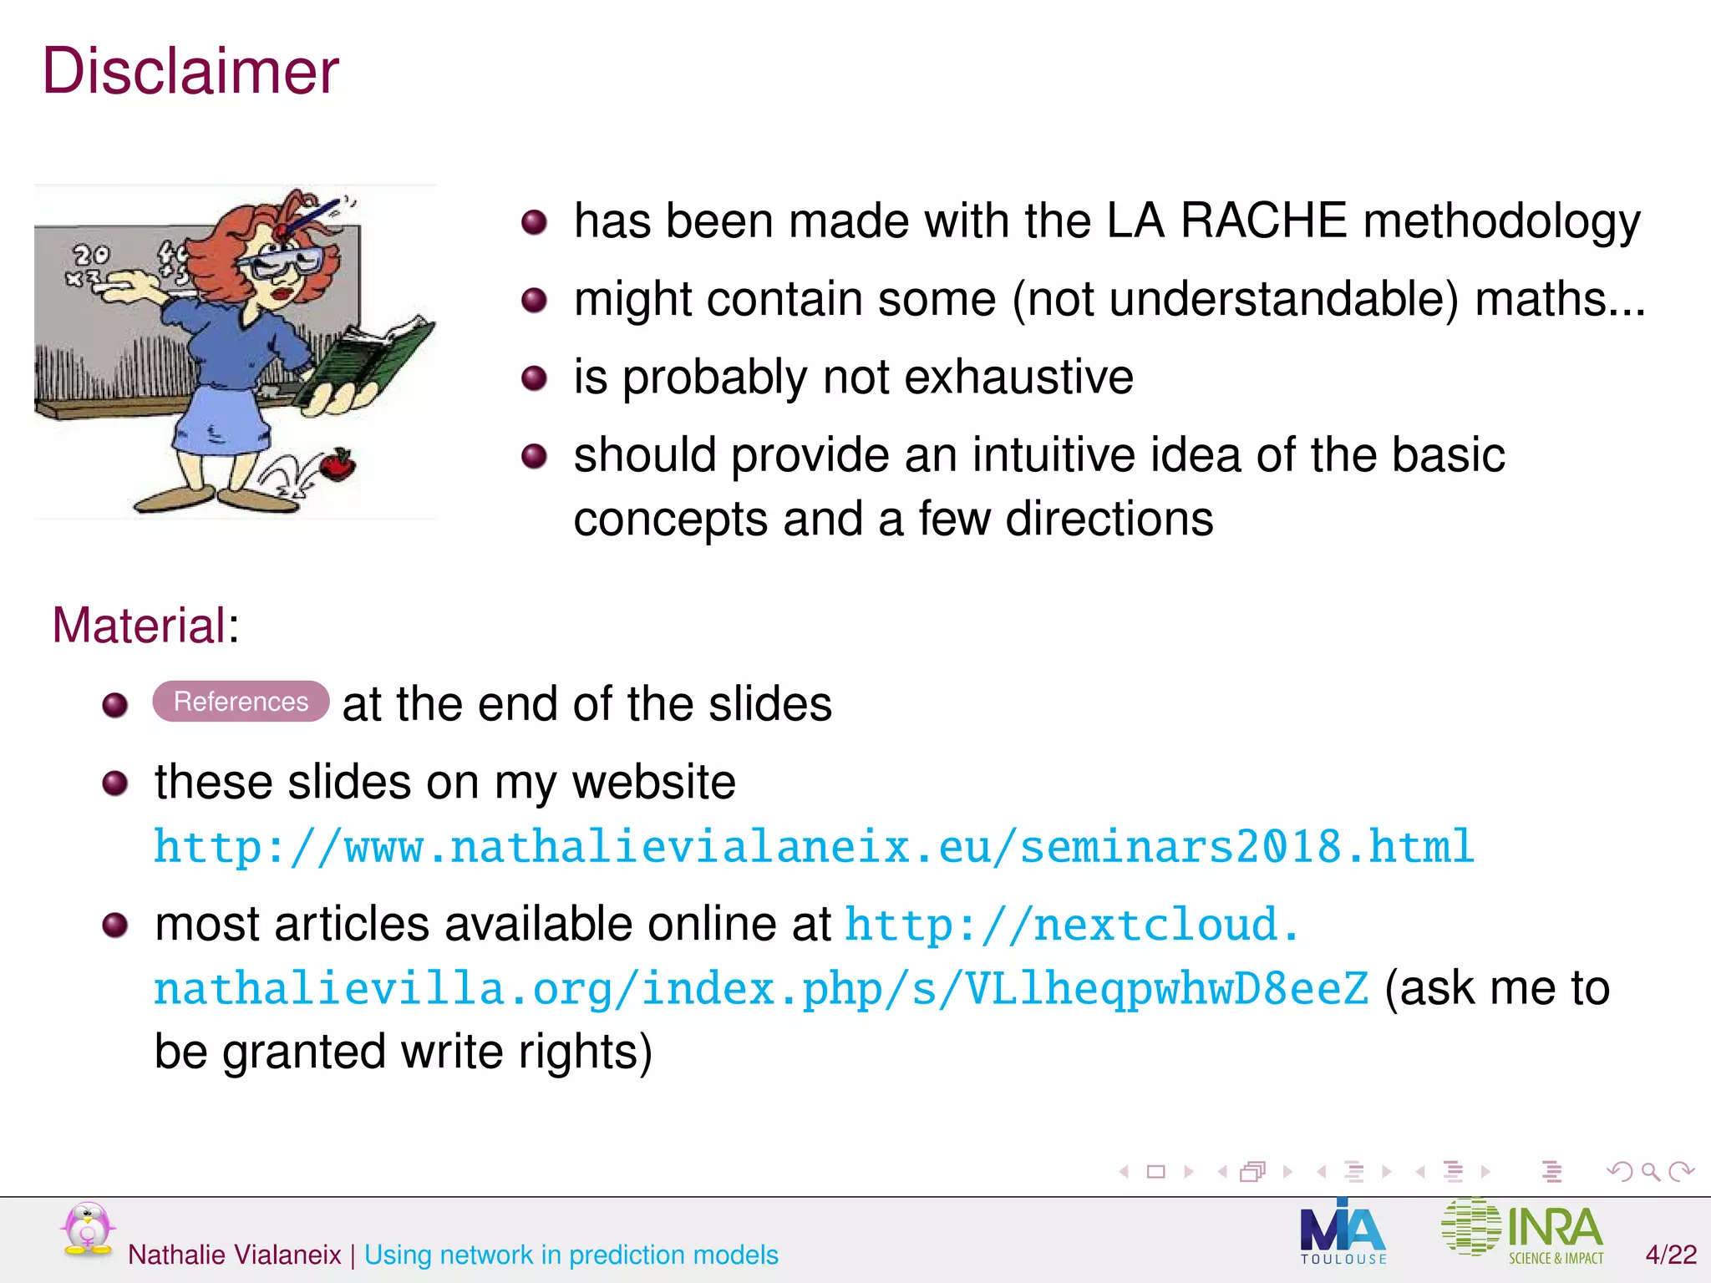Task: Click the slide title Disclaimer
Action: point(190,72)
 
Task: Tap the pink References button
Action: point(241,702)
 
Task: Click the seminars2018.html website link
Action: point(814,847)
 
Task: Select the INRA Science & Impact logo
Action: point(1522,1231)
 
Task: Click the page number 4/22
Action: point(1670,1255)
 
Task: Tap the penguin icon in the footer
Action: point(87,1230)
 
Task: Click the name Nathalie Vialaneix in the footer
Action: point(235,1255)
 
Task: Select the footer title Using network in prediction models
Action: point(571,1255)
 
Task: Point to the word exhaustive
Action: point(1018,377)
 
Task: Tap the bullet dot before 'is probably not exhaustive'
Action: point(534,378)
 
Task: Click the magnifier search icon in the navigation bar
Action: point(1650,1172)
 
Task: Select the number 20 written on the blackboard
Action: point(91,254)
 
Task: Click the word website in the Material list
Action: point(653,783)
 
